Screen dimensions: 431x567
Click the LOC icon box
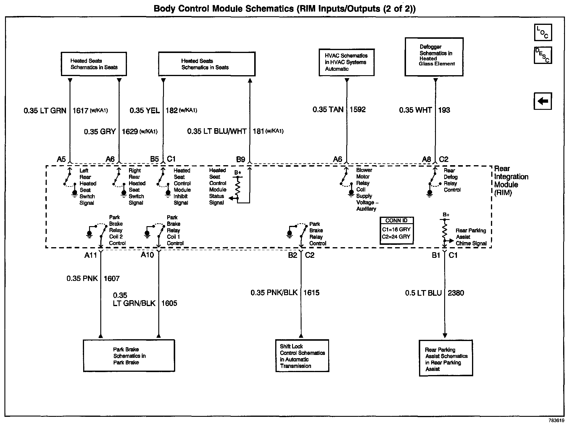[x=543, y=33]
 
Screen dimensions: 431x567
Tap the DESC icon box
[x=543, y=55]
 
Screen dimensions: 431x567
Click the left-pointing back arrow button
[x=543, y=101]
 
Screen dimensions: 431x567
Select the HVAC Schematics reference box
[x=346, y=62]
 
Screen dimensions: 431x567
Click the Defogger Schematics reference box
[x=434, y=57]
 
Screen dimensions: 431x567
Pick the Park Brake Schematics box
[x=129, y=356]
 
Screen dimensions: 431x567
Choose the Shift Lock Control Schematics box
[x=302, y=356]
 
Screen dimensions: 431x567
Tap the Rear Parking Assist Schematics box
[x=446, y=358]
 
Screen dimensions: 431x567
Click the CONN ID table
[x=397, y=231]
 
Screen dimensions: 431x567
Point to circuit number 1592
[x=357, y=110]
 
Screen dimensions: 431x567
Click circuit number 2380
[x=456, y=293]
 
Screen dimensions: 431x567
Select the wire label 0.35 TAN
[x=328, y=110]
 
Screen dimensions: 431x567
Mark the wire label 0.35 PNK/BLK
[x=274, y=292]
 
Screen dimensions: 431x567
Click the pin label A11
[x=91, y=255]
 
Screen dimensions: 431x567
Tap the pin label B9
[x=241, y=160]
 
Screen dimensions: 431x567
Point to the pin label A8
[x=426, y=159]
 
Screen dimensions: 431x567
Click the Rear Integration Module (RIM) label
[x=511, y=181]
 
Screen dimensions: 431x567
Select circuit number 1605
[x=169, y=303]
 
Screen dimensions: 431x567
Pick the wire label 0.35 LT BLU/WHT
[x=217, y=131]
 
